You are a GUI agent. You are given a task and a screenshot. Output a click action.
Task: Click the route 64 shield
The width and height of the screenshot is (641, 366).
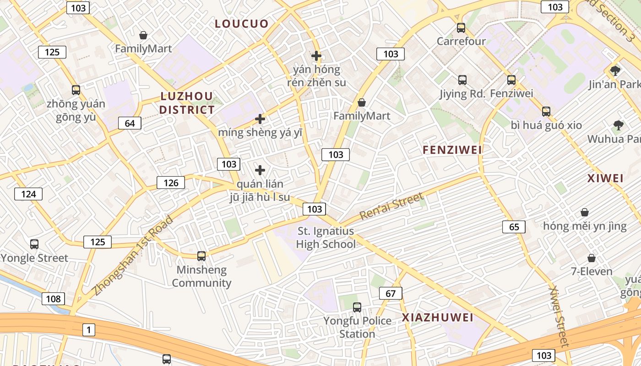(x=130, y=123)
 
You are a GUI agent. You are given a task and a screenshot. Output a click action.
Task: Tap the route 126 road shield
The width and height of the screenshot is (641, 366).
(x=171, y=183)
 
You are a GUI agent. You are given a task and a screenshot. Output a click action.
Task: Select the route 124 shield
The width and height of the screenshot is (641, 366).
(x=28, y=194)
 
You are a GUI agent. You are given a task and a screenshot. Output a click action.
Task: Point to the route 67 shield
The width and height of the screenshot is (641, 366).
(x=391, y=293)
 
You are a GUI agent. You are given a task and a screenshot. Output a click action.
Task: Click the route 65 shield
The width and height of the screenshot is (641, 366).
(x=514, y=227)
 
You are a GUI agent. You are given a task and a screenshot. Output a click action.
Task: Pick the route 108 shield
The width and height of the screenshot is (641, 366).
(x=53, y=299)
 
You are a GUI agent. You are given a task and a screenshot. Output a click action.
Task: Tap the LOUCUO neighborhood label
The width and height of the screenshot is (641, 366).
(x=242, y=24)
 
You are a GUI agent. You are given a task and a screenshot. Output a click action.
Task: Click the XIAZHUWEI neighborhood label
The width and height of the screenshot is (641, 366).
(x=438, y=318)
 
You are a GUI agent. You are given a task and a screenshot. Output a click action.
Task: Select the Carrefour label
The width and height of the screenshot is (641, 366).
(x=461, y=41)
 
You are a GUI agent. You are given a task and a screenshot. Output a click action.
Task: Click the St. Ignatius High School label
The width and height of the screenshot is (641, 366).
(x=326, y=237)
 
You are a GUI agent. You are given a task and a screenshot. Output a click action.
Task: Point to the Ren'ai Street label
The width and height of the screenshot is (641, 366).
(x=391, y=206)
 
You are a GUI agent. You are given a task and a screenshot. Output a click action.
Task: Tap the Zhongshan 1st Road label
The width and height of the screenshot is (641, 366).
(x=133, y=255)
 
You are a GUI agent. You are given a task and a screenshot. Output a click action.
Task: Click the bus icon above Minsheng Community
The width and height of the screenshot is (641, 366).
(x=201, y=256)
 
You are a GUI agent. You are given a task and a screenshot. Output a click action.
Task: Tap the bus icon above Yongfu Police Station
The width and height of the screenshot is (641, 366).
(x=357, y=307)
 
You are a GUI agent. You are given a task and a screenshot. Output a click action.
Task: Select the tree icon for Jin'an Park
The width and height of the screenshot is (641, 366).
(x=615, y=70)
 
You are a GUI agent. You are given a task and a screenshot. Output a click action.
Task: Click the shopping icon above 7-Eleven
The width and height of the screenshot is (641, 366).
(x=592, y=258)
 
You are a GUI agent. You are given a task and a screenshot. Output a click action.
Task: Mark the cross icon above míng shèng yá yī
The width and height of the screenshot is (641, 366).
(x=260, y=119)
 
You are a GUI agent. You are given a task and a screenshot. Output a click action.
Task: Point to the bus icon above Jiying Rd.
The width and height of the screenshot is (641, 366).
(x=462, y=80)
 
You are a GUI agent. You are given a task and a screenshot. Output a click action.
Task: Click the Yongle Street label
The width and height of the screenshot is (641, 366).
(x=34, y=258)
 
